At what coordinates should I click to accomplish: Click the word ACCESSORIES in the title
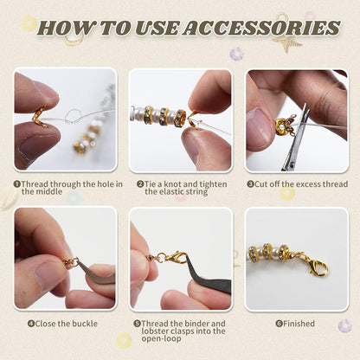click(x=261, y=28)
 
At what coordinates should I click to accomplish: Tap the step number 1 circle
click(x=17, y=184)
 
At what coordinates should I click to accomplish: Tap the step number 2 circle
click(x=140, y=184)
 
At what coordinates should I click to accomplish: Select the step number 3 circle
click(x=250, y=184)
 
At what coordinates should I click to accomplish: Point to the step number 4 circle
click(x=31, y=324)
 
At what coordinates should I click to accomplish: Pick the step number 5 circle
click(x=137, y=324)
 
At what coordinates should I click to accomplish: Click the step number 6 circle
click(x=279, y=324)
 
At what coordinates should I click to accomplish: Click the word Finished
click(x=299, y=324)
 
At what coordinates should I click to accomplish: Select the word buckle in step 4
click(x=85, y=324)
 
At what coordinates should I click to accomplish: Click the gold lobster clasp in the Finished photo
click(x=317, y=267)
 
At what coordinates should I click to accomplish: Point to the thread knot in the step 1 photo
click(x=72, y=117)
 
